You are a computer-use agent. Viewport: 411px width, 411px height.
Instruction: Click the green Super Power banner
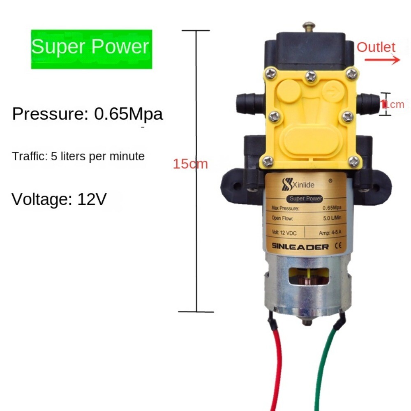tap(91, 48)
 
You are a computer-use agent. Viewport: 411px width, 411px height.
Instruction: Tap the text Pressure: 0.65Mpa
tap(88, 114)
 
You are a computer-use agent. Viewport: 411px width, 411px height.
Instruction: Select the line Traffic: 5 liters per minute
tap(78, 156)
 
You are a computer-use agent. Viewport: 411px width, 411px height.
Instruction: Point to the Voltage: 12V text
tap(59, 199)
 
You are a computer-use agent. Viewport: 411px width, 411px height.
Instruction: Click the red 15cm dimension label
tap(190, 164)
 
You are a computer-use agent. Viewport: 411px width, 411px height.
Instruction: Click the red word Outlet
tap(376, 47)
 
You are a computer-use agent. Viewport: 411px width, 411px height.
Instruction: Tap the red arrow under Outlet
tap(382, 60)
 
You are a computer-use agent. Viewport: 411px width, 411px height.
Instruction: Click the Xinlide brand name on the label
tap(304, 185)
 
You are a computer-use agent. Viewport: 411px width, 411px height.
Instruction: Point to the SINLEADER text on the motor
tap(300, 247)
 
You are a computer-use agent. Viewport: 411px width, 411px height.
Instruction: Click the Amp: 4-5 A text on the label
tap(332, 233)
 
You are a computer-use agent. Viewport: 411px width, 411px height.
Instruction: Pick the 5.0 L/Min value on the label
tap(332, 218)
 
